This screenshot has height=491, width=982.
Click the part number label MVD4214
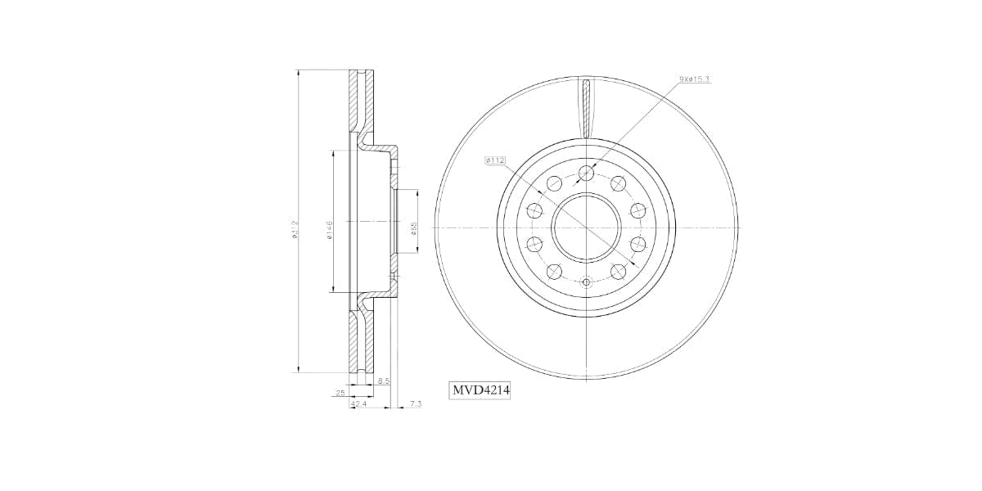481,392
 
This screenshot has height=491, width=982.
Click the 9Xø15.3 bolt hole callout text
694,79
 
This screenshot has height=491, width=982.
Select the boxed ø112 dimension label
496,160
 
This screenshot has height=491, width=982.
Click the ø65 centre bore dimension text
415,228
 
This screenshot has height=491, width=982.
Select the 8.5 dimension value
384,381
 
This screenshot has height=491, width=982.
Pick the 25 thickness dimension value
340,393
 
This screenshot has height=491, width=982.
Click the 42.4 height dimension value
358,404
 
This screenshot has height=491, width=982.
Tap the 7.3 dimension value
415,404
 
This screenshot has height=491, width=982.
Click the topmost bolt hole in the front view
586,172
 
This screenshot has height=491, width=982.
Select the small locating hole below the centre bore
586,283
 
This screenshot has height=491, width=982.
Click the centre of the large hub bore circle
586,227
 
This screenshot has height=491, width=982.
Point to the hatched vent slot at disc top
586,106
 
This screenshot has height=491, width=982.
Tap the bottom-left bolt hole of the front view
554,271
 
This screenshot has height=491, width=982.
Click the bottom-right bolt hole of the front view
619,271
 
